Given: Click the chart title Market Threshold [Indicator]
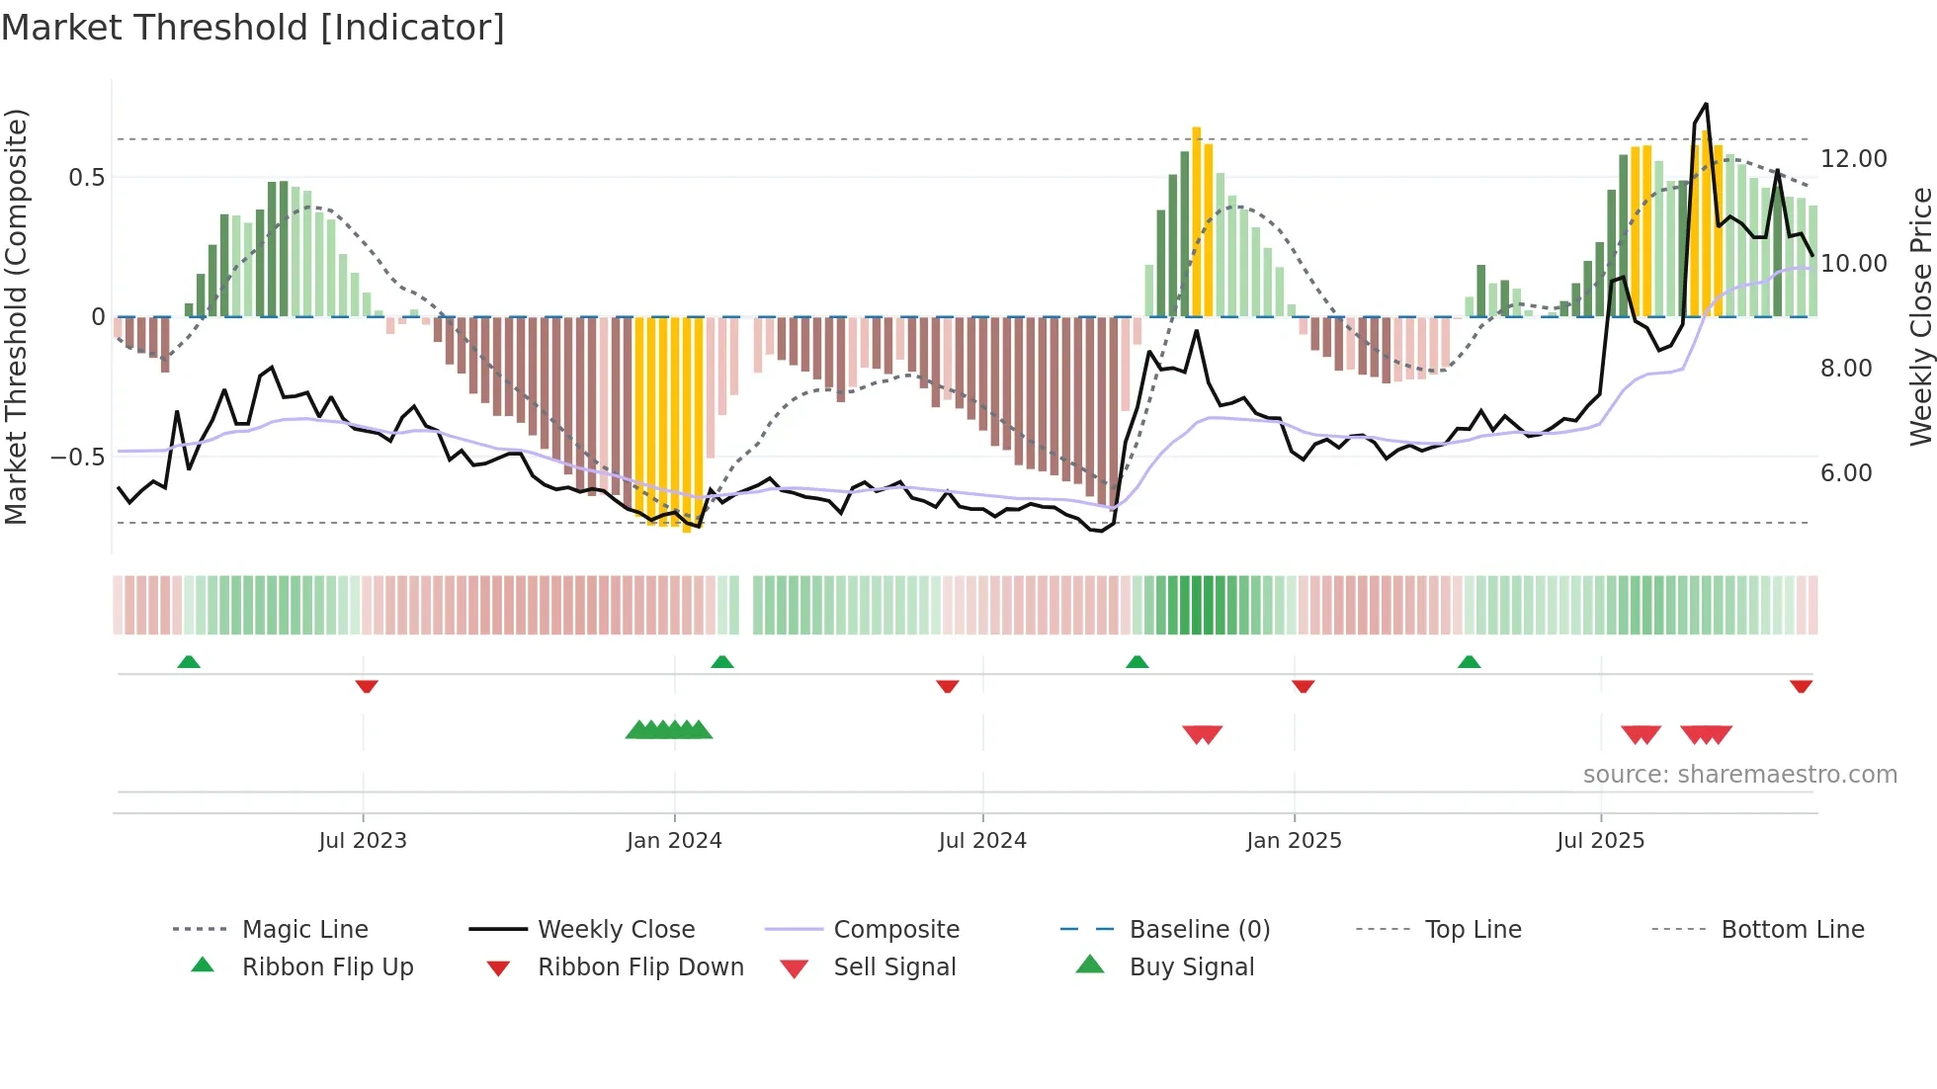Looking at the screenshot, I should pyautogui.click(x=253, y=28).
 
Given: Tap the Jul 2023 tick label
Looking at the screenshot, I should pyautogui.click(x=363, y=841).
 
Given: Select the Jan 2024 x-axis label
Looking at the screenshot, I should pyautogui.click(x=674, y=841).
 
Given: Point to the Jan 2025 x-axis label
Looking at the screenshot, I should pyautogui.click(x=1294, y=841).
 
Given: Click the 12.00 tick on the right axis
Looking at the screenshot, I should pyautogui.click(x=1853, y=159).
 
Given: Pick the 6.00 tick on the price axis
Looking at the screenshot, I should pyautogui.click(x=1846, y=473).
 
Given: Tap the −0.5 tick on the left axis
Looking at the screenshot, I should pyautogui.click(x=77, y=458).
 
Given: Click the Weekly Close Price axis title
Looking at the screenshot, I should pyautogui.click(x=1920, y=316).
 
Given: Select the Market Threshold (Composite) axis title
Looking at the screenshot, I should pyautogui.click(x=16, y=316).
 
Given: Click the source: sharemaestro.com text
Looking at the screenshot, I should pyautogui.click(x=1739, y=775).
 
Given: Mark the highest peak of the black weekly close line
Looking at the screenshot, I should pyautogui.click(x=1706, y=105).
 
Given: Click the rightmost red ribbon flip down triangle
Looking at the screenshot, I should pyautogui.click(x=1801, y=686).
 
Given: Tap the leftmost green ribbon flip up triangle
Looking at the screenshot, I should pyautogui.click(x=189, y=662).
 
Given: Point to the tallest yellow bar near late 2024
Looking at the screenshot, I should pyautogui.click(x=1197, y=221).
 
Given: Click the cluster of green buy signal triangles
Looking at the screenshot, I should pyautogui.click(x=669, y=730).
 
